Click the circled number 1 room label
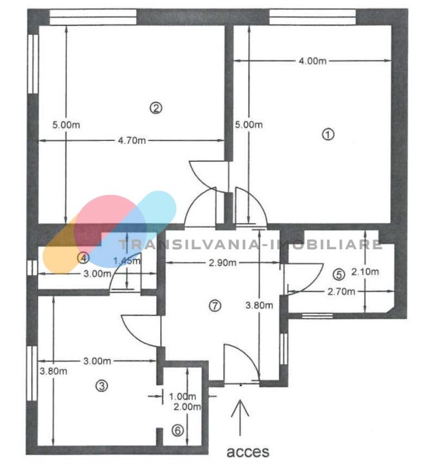point(328,134)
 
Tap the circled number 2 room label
point(156,108)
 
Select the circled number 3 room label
point(102,386)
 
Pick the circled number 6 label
point(178,430)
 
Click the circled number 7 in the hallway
point(215,305)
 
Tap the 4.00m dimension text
point(312,61)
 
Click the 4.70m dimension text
point(132,140)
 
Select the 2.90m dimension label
point(222,263)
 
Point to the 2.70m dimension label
point(341,292)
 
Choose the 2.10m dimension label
point(365,272)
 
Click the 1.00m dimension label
point(183,396)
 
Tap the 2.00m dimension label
point(187,407)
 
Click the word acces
point(248,451)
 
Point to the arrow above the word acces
point(240,418)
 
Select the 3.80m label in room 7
point(259,305)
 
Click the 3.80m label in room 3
point(54,371)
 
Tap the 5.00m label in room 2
point(66,125)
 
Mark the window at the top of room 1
point(312,17)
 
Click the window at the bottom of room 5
point(317,316)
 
